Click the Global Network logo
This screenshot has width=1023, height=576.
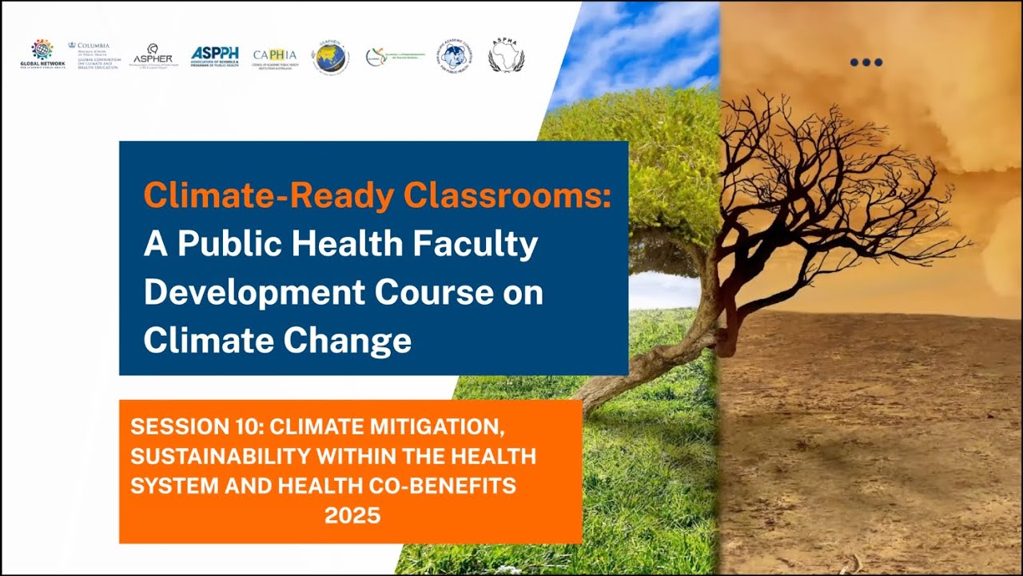(x=42, y=54)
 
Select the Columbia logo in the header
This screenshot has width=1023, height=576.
(x=94, y=54)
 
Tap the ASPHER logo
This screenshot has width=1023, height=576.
(x=153, y=55)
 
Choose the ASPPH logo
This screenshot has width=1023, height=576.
(x=214, y=56)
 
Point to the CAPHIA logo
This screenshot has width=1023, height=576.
(x=274, y=56)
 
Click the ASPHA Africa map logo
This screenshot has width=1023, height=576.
(x=506, y=55)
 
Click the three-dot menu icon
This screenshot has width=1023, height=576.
(x=866, y=62)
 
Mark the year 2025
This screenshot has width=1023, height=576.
(x=352, y=515)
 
